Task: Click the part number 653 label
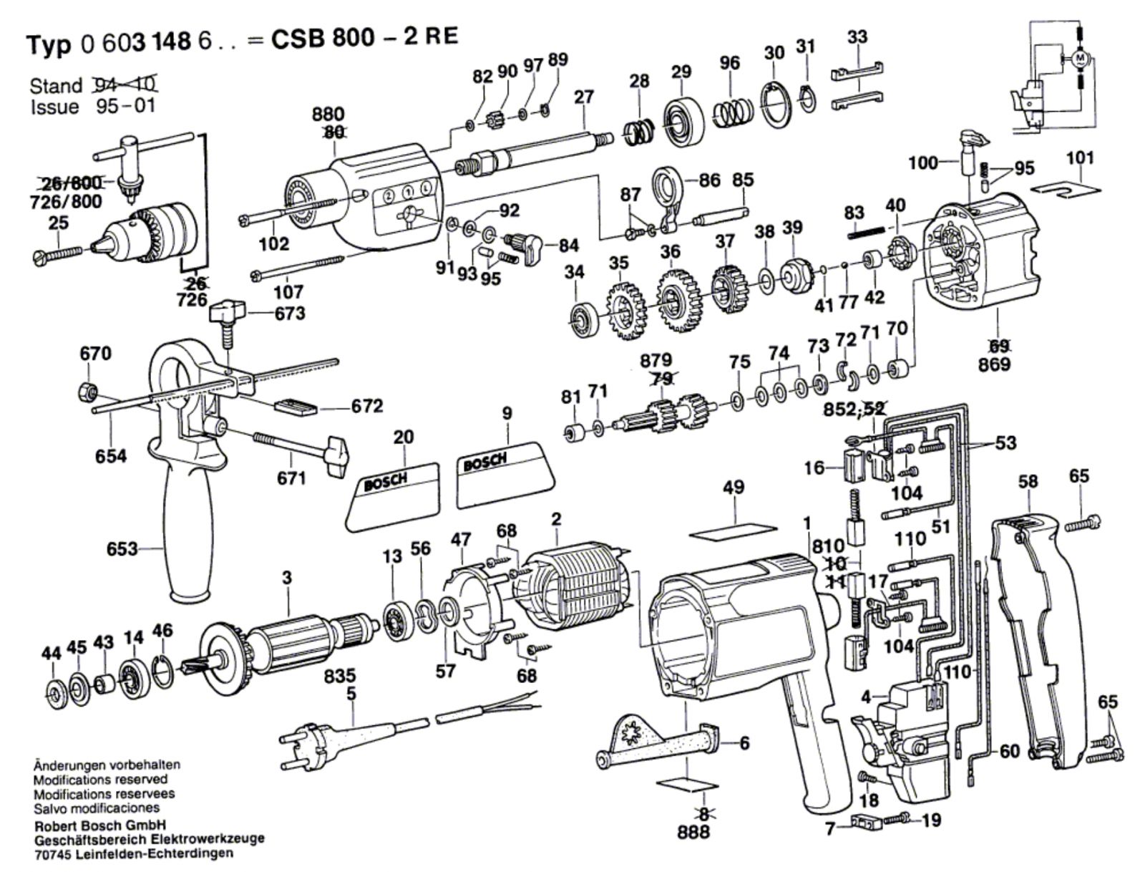point(122,549)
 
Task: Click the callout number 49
point(734,488)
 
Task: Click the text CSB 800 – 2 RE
point(364,37)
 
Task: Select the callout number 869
point(994,365)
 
